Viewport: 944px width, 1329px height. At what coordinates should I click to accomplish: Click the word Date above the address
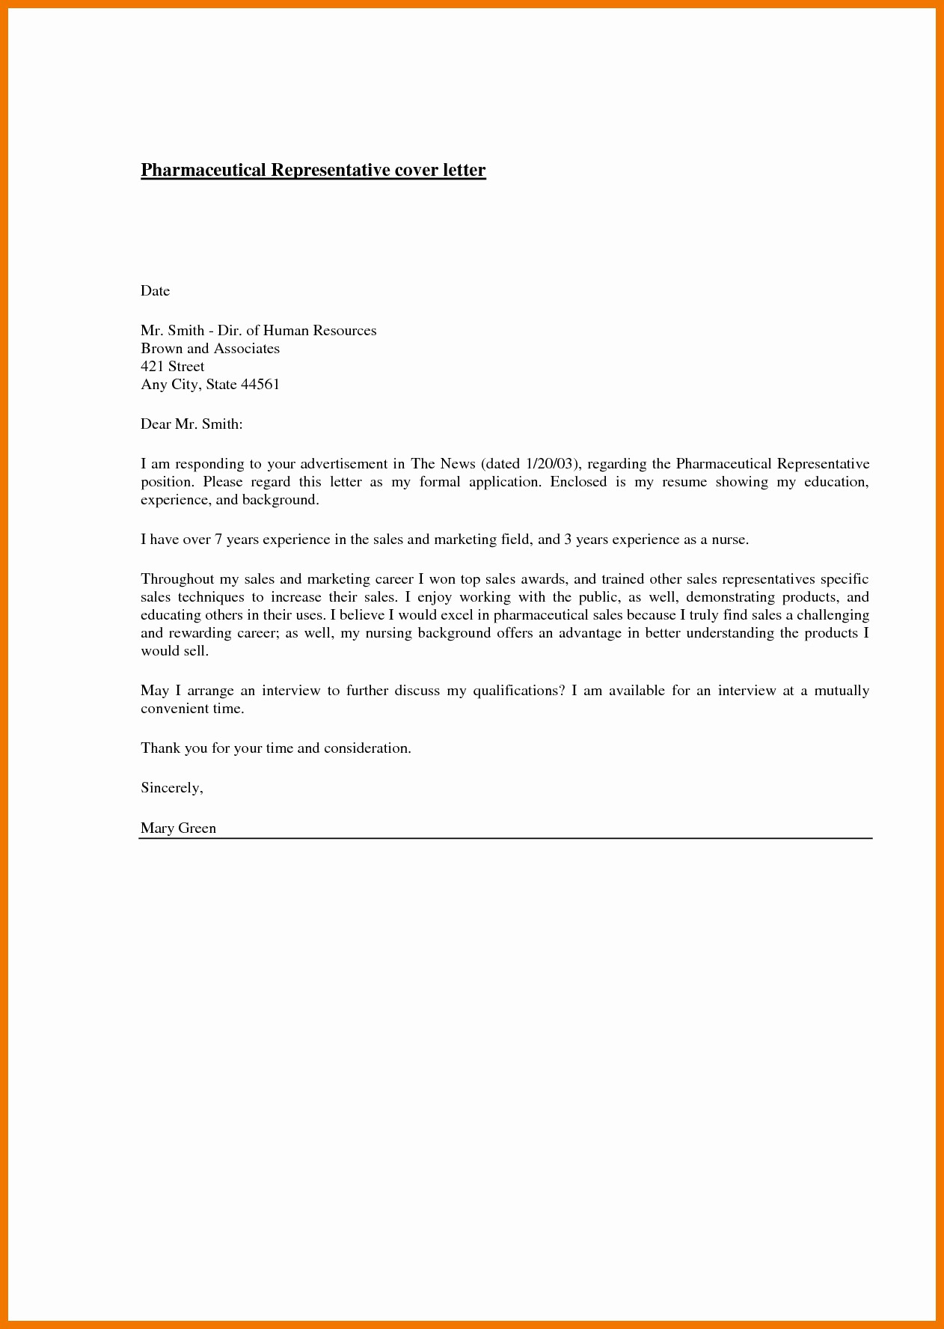point(155,291)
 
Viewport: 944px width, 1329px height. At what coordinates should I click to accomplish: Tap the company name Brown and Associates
point(210,349)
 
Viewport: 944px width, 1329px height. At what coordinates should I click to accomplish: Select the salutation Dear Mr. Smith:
point(191,424)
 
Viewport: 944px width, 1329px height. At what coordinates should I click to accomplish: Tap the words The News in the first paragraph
point(443,464)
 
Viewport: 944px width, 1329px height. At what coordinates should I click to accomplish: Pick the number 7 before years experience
point(218,540)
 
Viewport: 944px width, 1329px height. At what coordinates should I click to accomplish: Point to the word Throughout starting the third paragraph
point(177,579)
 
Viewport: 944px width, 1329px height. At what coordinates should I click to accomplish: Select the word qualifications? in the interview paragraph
point(518,691)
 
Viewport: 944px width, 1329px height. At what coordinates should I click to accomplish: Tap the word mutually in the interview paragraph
point(842,691)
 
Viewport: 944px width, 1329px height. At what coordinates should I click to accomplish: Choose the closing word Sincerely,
point(172,788)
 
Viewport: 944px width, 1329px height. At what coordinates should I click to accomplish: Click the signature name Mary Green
point(178,828)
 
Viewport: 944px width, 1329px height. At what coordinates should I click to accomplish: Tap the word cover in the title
point(419,170)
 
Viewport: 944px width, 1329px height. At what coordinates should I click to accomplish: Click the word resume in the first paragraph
point(684,482)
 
